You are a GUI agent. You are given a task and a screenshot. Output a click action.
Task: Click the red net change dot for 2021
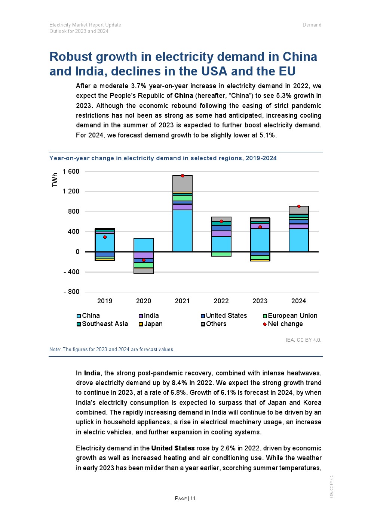183,176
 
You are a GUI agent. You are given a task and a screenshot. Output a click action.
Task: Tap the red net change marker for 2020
144,260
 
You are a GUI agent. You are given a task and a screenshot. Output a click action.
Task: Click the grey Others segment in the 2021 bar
183,184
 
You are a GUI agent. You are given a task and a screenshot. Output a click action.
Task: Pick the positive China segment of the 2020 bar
144,245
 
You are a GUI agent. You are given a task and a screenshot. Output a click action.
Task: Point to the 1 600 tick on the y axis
71,171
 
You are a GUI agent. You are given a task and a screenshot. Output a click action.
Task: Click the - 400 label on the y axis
71,272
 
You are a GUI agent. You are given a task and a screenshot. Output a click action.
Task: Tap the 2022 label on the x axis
221,301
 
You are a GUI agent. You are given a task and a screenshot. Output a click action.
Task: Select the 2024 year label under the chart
298,301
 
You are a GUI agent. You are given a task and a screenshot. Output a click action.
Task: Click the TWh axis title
55,180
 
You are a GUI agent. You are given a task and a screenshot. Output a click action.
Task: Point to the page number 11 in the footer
193,498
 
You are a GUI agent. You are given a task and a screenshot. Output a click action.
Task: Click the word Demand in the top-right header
312,25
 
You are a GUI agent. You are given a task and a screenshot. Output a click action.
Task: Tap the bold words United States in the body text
173,448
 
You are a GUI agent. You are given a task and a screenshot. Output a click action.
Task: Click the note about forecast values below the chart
112,350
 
